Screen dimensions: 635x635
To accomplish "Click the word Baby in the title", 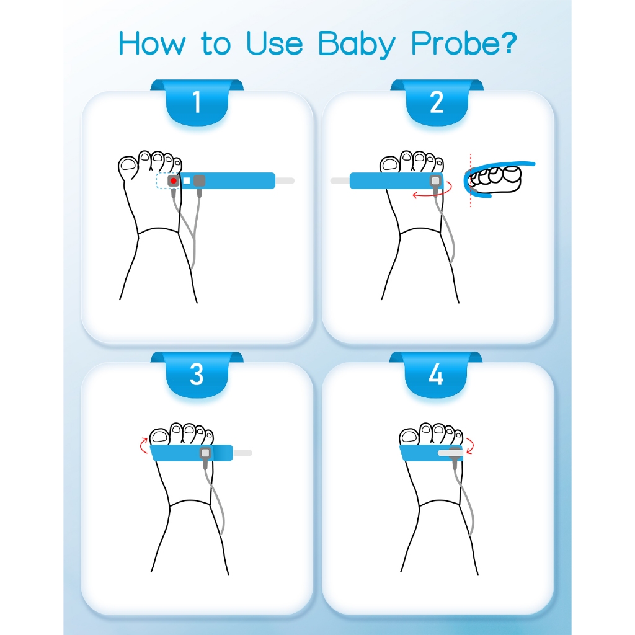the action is tap(357, 44).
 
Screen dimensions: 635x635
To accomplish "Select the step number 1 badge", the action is tap(197, 102).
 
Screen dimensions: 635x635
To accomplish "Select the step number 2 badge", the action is tap(437, 102).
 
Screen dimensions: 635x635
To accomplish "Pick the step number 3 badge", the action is tap(197, 375).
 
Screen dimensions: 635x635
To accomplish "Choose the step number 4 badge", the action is tap(436, 375).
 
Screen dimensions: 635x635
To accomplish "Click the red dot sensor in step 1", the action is tap(174, 180).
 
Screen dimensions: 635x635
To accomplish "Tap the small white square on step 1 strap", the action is tap(186, 180).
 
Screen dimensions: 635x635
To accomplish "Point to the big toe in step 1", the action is tap(128, 167).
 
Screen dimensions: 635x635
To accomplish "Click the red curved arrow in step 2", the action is tap(432, 193).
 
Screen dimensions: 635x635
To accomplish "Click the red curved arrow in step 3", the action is tap(143, 445).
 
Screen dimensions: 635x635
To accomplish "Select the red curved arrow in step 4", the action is tap(471, 446).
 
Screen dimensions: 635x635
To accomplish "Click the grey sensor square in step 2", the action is tap(436, 180).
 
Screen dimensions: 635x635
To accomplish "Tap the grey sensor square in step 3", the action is tap(205, 453).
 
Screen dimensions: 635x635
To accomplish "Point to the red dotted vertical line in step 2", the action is tap(471, 180).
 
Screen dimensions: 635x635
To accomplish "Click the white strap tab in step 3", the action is tap(242, 453).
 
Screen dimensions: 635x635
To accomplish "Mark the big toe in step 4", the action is tap(409, 436).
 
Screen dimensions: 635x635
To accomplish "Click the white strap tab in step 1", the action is tap(285, 180).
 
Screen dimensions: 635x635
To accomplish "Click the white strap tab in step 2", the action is tap(340, 180).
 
